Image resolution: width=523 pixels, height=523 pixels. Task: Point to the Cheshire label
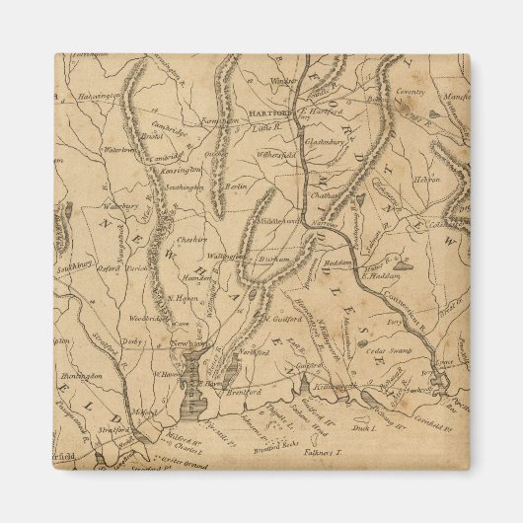point(191,239)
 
